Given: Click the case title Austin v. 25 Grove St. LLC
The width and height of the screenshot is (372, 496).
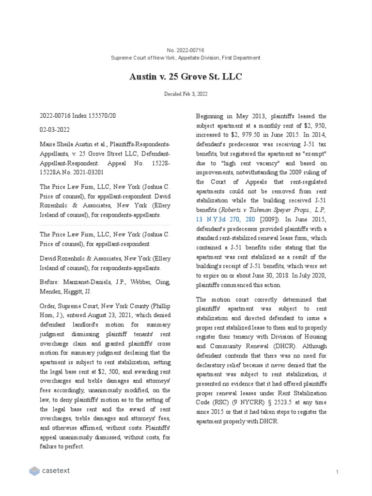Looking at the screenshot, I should pyautogui.click(x=186, y=77).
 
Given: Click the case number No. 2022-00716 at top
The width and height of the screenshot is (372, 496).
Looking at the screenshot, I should pyautogui.click(x=186, y=50).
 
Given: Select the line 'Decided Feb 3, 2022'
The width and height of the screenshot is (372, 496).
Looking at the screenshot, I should pyautogui.click(x=186, y=94).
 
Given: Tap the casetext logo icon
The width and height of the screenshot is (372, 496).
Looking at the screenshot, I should pyautogui.click(x=34, y=471).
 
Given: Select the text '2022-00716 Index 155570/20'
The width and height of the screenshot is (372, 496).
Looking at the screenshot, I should pyautogui.click(x=78, y=116).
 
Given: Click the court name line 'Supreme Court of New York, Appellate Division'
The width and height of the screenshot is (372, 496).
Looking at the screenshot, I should pyautogui.click(x=186, y=58).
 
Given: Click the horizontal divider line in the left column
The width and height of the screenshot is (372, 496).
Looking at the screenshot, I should pyautogui.click(x=105, y=225).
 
